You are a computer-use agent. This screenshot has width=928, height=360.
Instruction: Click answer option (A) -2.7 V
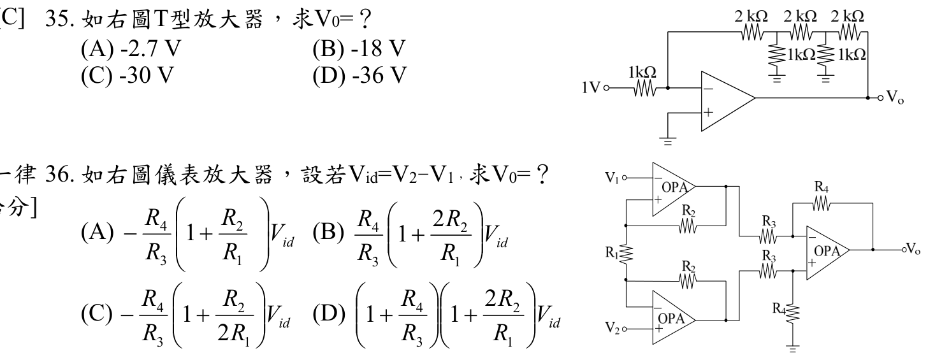131,49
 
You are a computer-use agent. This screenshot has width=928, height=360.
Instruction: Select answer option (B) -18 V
359,49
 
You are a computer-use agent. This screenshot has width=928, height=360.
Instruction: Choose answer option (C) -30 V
127,75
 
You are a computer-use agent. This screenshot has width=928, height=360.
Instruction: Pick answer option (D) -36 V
359,75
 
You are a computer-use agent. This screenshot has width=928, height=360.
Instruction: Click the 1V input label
591,87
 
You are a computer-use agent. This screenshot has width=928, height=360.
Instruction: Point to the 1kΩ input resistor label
642,73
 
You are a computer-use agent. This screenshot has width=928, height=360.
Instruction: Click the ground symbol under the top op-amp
668,141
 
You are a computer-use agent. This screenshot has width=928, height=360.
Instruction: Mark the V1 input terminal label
612,178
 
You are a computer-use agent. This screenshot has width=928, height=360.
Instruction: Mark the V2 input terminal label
613,328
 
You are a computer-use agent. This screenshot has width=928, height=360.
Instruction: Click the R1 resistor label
612,252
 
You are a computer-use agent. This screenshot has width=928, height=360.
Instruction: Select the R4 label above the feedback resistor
821,187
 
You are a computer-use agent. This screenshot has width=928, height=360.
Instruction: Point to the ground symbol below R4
792,349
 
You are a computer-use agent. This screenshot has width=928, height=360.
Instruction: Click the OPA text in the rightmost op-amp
827,251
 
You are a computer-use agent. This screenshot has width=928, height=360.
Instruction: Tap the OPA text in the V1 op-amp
674,187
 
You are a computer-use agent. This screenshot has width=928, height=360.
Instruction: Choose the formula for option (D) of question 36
458,315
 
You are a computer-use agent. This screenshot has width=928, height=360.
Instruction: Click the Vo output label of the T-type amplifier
895,97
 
